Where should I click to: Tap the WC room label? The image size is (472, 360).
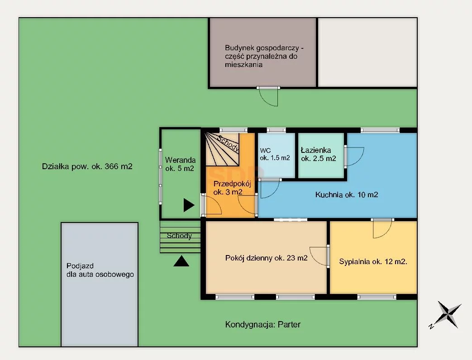[275, 154]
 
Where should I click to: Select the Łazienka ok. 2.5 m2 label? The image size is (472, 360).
[318, 154]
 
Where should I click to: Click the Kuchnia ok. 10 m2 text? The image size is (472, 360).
[347, 194]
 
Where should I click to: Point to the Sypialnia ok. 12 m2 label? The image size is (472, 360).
[373, 261]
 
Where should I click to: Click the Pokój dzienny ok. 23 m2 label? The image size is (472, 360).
[267, 258]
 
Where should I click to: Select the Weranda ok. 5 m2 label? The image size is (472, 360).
[180, 164]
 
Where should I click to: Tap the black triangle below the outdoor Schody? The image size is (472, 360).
[181, 261]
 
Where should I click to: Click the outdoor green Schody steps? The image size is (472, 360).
[180, 237]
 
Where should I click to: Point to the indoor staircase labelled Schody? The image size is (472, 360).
[222, 150]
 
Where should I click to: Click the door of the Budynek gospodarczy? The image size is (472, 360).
[268, 96]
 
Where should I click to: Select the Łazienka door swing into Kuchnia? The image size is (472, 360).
[354, 156]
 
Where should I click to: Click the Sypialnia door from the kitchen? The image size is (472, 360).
[382, 228]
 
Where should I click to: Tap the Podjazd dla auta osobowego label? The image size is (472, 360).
[100, 270]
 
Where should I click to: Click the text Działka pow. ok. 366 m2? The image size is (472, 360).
[87, 166]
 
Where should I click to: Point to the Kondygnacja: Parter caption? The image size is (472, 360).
[263, 325]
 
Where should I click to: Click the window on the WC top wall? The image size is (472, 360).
[276, 130]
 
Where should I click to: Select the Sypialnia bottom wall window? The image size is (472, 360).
[377, 297]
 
